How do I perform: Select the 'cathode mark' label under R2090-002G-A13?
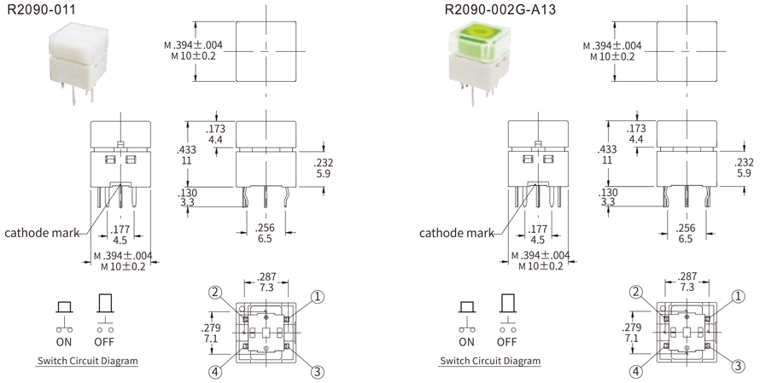pyautogui.click(x=456, y=232)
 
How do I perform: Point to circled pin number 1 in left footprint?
pyautogui.click(x=318, y=296)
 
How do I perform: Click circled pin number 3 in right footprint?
pyautogui.click(x=737, y=366)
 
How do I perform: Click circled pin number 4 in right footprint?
pyautogui.click(x=636, y=372)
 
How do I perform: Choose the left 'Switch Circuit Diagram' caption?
pyautogui.click(x=87, y=361)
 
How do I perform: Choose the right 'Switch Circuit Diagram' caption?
pyautogui.click(x=490, y=361)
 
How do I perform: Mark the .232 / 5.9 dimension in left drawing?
pyautogui.click(x=324, y=167)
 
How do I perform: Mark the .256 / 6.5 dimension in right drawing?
pyautogui.click(x=685, y=234)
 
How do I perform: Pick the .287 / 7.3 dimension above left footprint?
pyautogui.click(x=267, y=282)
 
